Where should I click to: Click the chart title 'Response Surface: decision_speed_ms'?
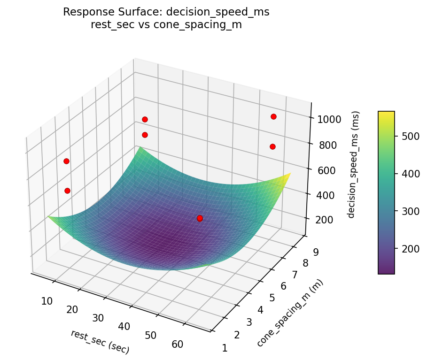(x=166, y=12)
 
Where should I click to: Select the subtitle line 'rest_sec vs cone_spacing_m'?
(x=166, y=25)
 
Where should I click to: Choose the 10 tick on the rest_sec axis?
(x=47, y=301)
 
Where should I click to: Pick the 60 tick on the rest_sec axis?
(x=178, y=345)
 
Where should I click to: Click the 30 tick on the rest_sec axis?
(x=98, y=318)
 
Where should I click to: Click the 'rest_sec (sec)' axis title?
(x=100, y=341)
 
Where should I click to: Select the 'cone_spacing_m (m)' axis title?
(x=290, y=313)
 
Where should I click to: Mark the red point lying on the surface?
(x=200, y=218)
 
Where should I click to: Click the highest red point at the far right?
(x=273, y=116)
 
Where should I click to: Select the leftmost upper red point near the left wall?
(x=66, y=161)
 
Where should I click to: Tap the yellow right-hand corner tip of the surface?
(x=290, y=174)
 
